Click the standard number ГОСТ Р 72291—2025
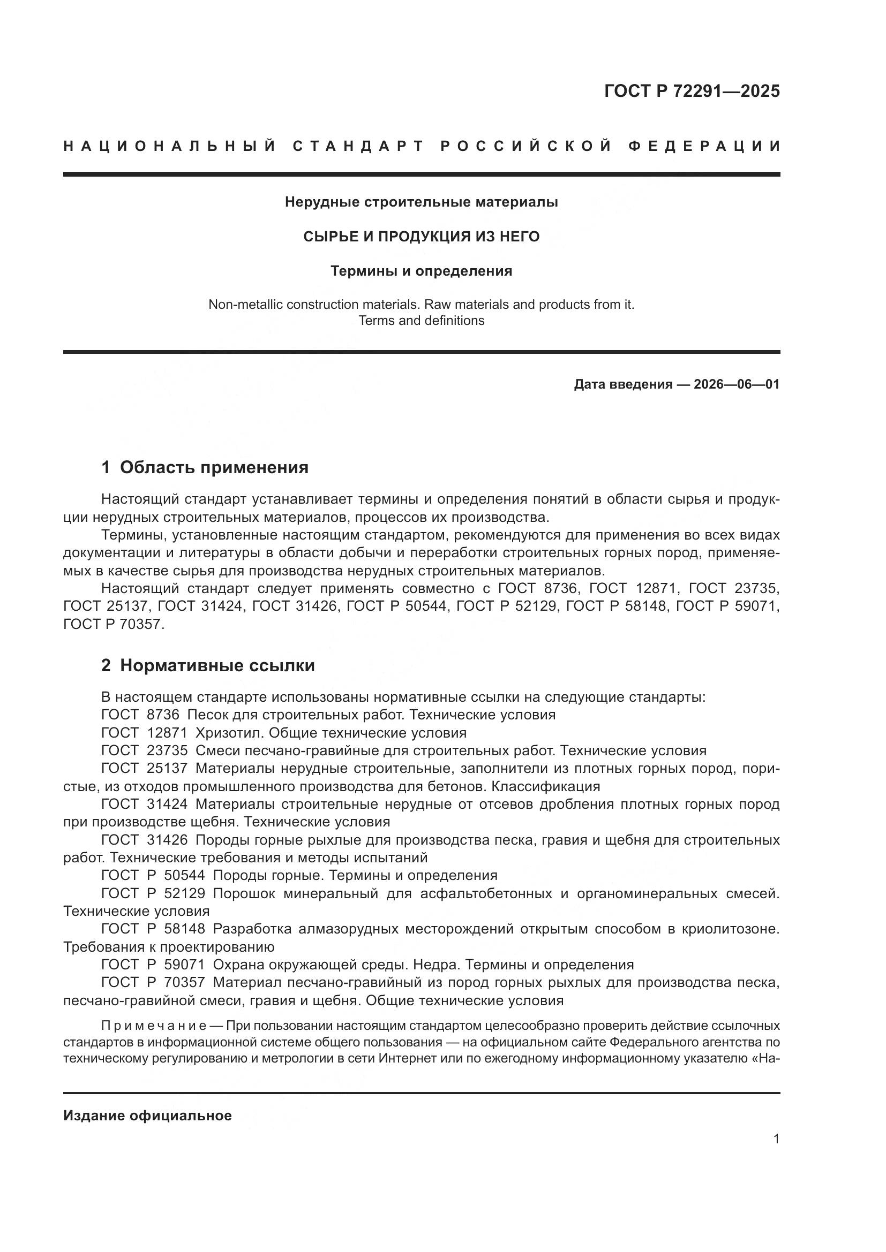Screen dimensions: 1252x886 tap(692, 91)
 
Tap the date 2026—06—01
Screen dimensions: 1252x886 tap(736, 384)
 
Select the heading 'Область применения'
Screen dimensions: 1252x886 tap(214, 467)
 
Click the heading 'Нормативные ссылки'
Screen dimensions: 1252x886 tap(217, 665)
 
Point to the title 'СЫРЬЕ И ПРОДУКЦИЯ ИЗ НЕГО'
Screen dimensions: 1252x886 tap(421, 237)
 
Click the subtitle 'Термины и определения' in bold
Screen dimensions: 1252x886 tap(421, 271)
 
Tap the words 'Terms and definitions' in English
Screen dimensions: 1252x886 tap(421, 321)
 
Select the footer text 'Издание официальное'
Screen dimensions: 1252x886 tap(147, 1116)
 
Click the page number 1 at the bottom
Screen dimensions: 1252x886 tap(776, 1139)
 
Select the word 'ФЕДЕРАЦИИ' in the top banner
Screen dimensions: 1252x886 tap(704, 146)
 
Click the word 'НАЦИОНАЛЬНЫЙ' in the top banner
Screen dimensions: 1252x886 tap(170, 146)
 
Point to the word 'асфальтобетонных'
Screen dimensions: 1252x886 tap(493, 894)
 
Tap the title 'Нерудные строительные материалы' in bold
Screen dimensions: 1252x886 tap(421, 202)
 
